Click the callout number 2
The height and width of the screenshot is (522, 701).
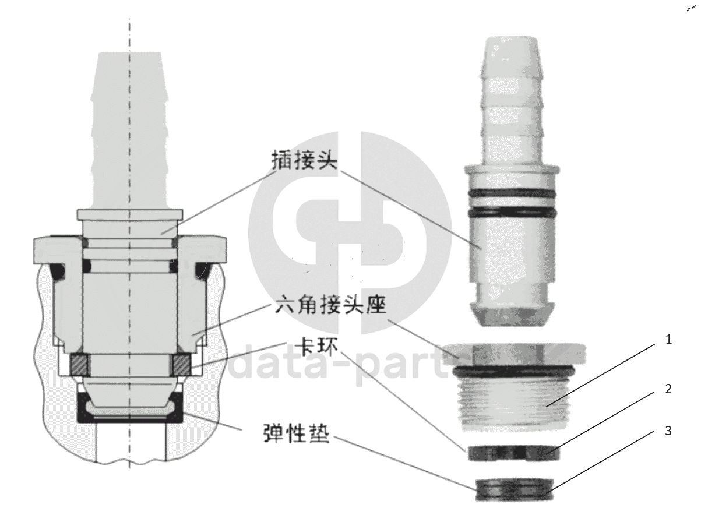668,389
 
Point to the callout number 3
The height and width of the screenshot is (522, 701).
668,431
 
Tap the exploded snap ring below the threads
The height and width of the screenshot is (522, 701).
510,452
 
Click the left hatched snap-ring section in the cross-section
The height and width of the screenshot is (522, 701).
79,365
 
